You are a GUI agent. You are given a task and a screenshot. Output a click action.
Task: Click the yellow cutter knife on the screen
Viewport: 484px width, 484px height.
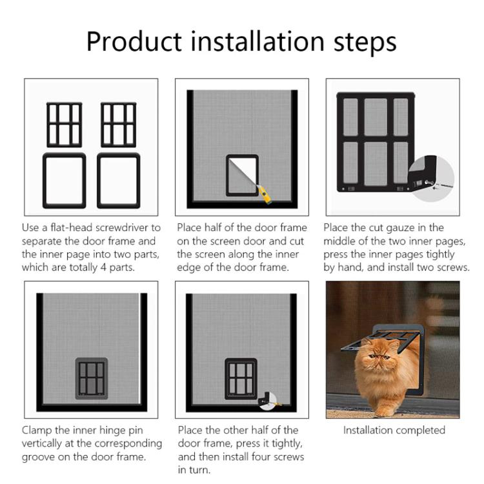pyautogui.click(x=264, y=193)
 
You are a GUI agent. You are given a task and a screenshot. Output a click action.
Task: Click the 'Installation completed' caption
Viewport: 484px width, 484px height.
pyautogui.click(x=394, y=430)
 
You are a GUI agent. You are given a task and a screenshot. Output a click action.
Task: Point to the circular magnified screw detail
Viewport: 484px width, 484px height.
pyautogui.click(x=431, y=176)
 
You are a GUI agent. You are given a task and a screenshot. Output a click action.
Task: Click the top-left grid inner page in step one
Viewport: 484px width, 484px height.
pyautogui.click(x=65, y=125)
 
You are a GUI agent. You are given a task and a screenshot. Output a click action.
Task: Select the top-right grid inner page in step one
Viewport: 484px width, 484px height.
pyautogui.click(x=118, y=125)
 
